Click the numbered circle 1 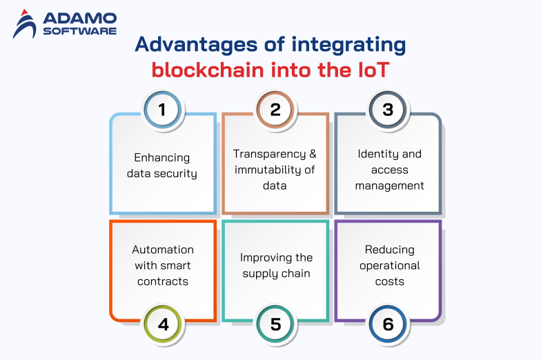163,109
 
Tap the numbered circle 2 275,109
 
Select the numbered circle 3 388,109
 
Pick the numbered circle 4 163,323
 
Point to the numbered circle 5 275,323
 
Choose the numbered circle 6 388,323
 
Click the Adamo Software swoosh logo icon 26,25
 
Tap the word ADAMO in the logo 77,19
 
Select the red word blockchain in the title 199,70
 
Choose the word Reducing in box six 389,249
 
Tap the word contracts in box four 163,281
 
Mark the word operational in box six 389,265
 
